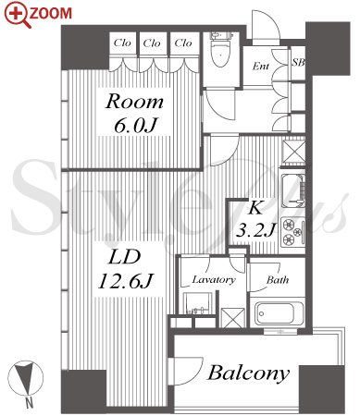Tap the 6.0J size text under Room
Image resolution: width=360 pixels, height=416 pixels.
pos(136,126)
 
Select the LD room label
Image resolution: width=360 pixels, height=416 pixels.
pos(124,257)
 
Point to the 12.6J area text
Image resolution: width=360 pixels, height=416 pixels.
pos(126,281)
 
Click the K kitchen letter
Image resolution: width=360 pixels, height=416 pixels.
pos(255,208)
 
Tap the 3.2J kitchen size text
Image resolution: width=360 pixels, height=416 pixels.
pos(254,229)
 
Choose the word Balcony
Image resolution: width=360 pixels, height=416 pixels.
pos(249,373)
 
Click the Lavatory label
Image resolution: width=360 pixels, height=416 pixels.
pos(214,279)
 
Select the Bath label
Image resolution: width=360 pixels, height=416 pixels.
pos(278,280)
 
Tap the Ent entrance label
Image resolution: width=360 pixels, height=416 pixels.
pos(260,66)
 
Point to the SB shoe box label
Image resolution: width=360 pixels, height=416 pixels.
pos(298,63)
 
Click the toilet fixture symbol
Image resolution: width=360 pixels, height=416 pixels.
pos(221,49)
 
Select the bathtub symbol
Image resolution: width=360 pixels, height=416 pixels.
pos(275,313)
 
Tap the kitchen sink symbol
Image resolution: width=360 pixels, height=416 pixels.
pos(293,190)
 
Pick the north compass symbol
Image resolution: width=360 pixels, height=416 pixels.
pos(25,378)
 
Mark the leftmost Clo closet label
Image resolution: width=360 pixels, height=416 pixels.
pos(122,43)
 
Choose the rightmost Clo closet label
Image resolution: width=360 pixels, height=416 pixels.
pos(183,43)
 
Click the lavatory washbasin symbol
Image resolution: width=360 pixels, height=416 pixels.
pos(198,303)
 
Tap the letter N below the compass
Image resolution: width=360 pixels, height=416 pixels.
pos(29,403)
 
